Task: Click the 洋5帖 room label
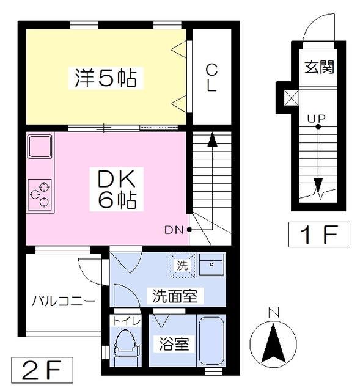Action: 105,78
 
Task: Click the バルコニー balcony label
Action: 63,301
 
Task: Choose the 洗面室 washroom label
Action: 175,297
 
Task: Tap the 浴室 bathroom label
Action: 174,344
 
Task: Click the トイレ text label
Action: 125,321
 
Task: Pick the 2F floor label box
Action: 42,370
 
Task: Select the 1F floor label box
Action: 318,234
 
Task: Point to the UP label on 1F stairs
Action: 317,118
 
